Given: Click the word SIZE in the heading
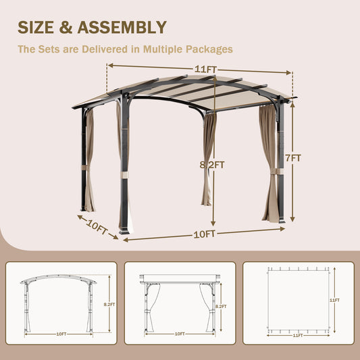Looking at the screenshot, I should tap(40, 27).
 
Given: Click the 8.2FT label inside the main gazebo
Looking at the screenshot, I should tap(212, 164).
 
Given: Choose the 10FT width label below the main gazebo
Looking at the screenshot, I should tap(205, 234).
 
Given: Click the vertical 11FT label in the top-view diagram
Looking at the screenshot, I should tap(334, 300).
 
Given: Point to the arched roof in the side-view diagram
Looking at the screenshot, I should tap(58, 277).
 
